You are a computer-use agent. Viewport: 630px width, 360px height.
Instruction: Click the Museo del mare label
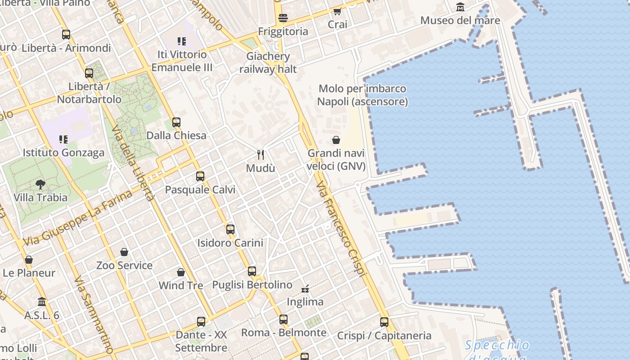pos(460,20)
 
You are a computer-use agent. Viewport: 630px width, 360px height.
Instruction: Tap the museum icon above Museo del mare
pos(460,7)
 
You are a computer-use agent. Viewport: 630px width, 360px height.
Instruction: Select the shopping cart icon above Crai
pos(337,11)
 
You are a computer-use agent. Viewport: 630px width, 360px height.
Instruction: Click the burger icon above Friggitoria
pos(283,18)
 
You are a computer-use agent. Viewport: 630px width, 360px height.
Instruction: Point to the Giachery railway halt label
pos(268,63)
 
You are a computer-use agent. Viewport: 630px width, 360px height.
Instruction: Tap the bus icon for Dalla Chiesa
pos(176,122)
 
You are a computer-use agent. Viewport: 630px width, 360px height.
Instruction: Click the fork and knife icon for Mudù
pos(261,155)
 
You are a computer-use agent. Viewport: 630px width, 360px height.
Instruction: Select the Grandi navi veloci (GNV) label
pos(336,159)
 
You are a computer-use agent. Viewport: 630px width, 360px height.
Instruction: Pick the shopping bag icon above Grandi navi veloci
pos(336,140)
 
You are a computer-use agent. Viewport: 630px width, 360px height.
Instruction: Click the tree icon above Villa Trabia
pos(40,184)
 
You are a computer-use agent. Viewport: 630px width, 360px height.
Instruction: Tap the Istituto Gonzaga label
pos(63,153)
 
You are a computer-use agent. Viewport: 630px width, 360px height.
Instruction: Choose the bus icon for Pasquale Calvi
pos(200,176)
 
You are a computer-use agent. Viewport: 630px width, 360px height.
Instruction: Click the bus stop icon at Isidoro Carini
pos(230,229)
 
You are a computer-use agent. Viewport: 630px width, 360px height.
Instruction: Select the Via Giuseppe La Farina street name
pos(78,218)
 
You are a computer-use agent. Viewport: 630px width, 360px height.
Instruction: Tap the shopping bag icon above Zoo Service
pos(124,252)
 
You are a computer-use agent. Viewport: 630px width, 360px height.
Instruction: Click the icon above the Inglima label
pos(306,288)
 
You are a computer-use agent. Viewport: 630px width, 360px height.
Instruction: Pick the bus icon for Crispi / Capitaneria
pos(384,322)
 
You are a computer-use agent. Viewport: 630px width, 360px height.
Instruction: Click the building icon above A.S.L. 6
pos(42,301)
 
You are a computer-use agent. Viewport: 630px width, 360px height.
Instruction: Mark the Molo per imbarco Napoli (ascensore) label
pos(362,95)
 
